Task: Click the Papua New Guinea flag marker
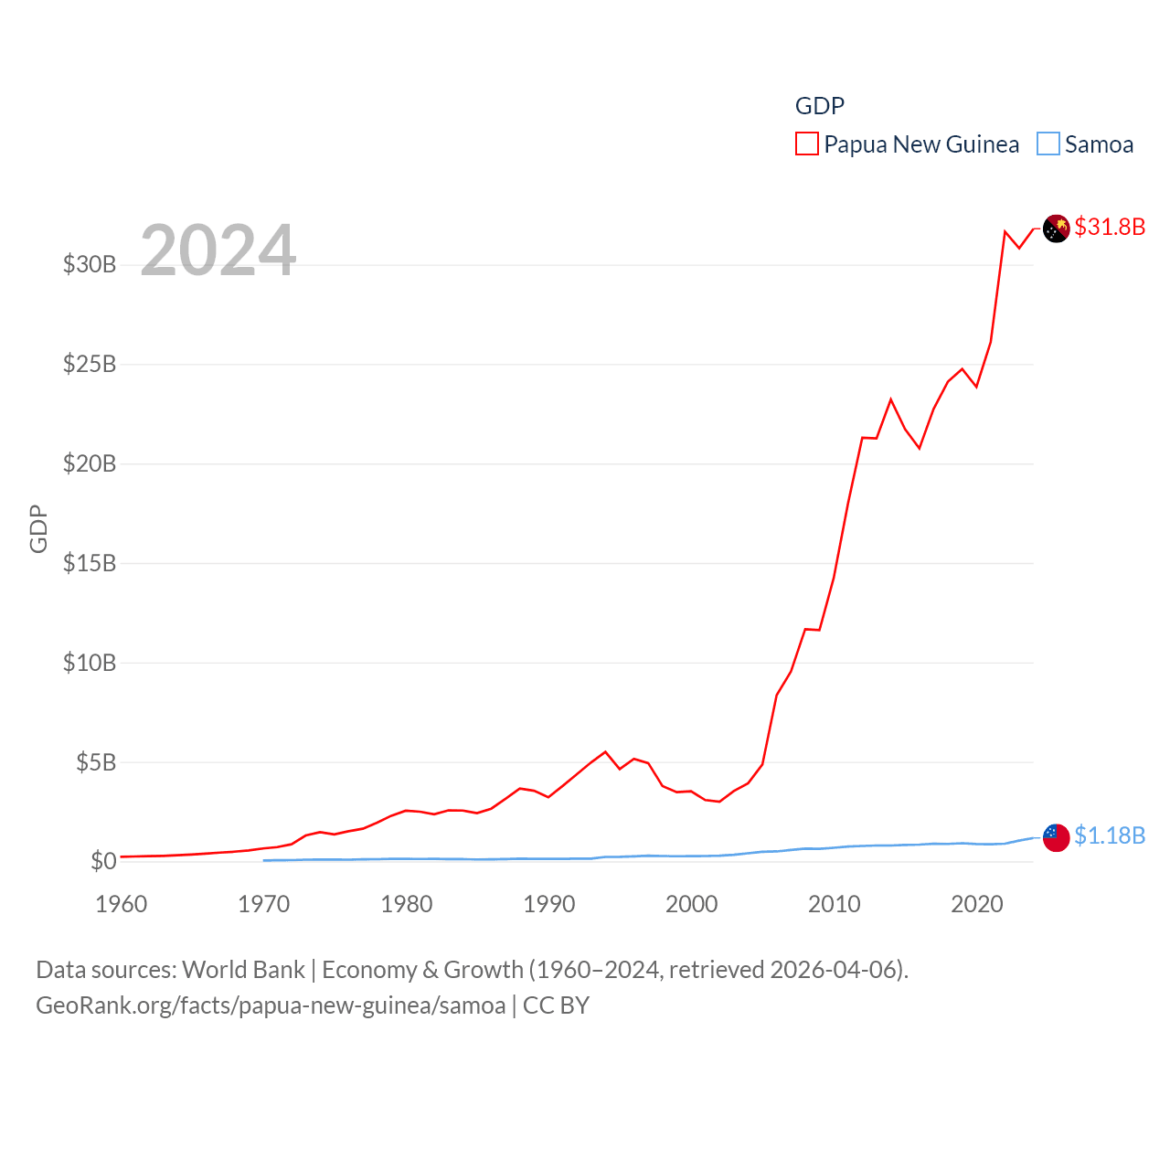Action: click(1056, 228)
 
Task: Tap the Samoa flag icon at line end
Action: click(1056, 836)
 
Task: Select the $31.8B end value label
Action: click(1110, 227)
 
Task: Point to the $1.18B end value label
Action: click(1110, 835)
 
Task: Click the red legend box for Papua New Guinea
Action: click(806, 144)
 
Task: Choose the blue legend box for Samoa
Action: click(1048, 144)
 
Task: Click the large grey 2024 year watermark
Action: click(218, 250)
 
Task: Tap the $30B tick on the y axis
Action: click(90, 265)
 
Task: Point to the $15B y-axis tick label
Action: click(90, 563)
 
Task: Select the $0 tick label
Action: click(103, 861)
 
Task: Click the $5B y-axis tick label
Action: click(96, 762)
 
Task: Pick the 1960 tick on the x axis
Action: click(122, 905)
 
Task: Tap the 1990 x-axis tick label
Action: click(549, 905)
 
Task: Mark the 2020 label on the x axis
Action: click(977, 905)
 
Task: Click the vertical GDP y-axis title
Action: click(38, 528)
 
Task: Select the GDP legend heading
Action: click(820, 106)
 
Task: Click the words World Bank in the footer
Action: click(243, 970)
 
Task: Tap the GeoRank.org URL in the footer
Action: click(271, 1005)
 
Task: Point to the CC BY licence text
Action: click(556, 1005)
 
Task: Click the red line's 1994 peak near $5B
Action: click(605, 752)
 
